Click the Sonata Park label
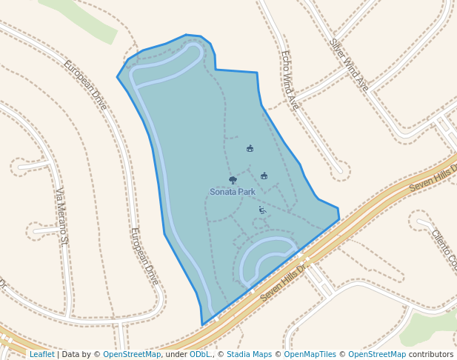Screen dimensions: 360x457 [x=232, y=192]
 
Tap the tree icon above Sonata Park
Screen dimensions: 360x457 [x=233, y=180]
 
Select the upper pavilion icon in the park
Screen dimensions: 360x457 [x=250, y=149]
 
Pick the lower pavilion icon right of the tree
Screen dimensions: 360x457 [x=264, y=176]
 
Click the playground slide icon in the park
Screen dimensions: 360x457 [x=262, y=210]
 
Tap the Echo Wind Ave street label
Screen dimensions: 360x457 [x=289, y=80]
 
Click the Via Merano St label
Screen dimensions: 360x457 [x=62, y=216]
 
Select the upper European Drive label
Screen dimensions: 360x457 [x=85, y=84]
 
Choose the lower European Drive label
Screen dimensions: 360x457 [x=144, y=256]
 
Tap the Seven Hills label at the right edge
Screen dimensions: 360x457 [x=433, y=179]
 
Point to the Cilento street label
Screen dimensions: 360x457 [x=444, y=248]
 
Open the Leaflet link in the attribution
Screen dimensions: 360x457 [x=41, y=355]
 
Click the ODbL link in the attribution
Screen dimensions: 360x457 [x=200, y=355]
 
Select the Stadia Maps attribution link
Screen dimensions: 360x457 [x=249, y=355]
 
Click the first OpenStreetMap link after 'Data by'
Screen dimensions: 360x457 [x=132, y=355]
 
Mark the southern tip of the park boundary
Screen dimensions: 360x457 [x=202, y=324]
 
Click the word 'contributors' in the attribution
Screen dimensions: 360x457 [x=431, y=355]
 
